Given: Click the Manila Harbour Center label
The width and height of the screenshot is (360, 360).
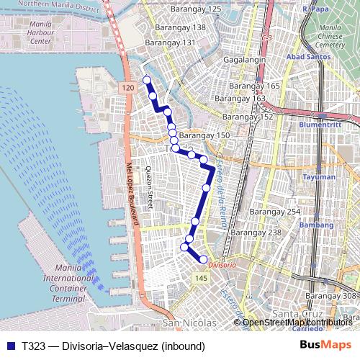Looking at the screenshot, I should point(35,34).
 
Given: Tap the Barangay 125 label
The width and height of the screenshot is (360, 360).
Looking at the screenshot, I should point(195,9).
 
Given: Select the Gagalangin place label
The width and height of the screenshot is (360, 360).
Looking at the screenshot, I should point(245,60).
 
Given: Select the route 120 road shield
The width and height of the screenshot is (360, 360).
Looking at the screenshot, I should point(127,88).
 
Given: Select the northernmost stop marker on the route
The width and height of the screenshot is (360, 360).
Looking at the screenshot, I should point(146,80).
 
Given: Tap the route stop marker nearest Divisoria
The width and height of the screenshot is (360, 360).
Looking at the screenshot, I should point(203,259).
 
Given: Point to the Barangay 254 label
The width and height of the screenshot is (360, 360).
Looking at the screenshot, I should point(274,212).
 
